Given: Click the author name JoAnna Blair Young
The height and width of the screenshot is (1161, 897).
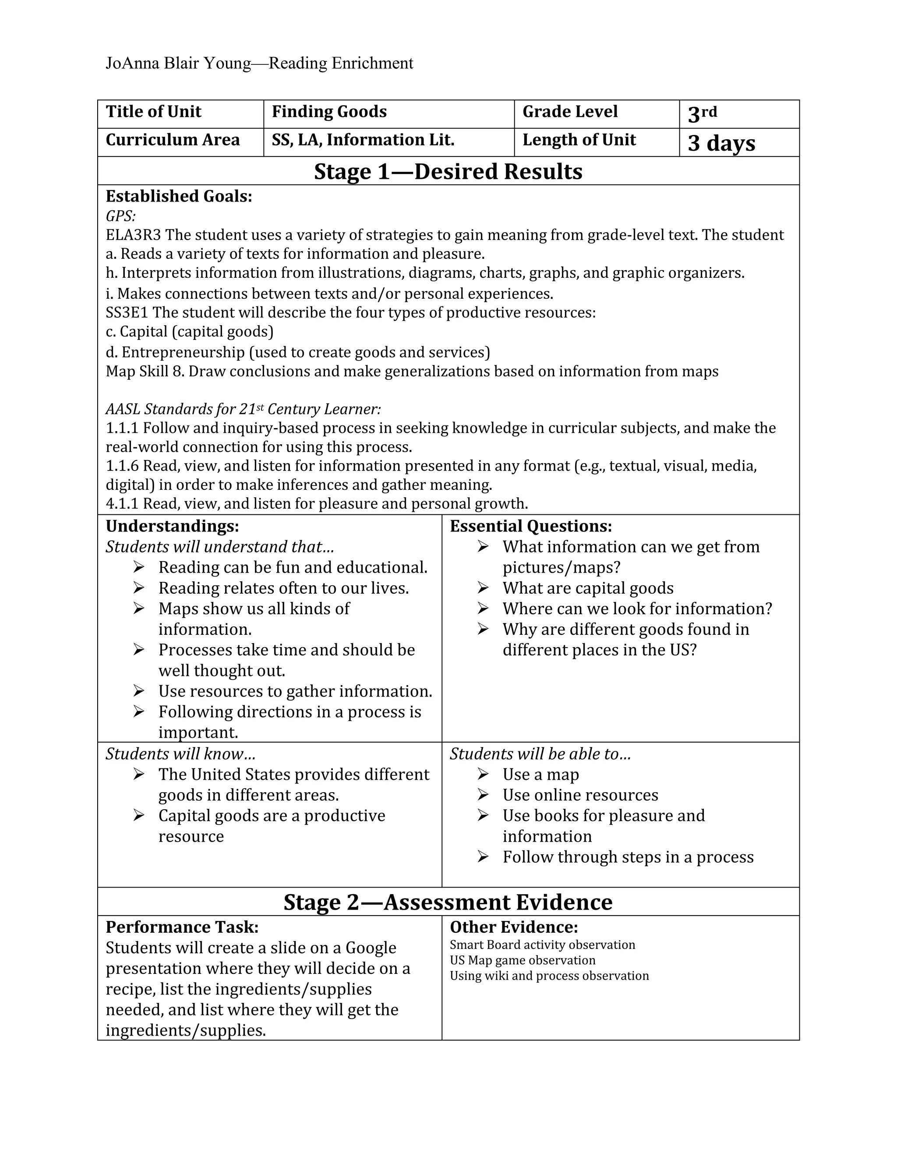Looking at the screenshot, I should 178,63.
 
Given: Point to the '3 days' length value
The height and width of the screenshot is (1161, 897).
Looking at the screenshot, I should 721,143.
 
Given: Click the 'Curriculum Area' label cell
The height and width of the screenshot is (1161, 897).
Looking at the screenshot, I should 173,140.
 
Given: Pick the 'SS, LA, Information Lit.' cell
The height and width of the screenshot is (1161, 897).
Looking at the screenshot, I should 363,140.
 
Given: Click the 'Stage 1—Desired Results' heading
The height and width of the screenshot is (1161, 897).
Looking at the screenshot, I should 448,171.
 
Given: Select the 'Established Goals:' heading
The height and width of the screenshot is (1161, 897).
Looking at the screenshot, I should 179,196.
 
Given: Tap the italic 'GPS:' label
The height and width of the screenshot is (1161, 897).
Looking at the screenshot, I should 120,216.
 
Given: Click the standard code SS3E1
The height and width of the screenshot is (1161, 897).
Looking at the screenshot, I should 127,312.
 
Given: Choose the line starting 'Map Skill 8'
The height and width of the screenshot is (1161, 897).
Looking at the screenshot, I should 411,371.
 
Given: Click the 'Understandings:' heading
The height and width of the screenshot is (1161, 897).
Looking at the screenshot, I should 172,526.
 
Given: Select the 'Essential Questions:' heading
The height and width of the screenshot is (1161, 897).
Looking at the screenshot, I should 531,526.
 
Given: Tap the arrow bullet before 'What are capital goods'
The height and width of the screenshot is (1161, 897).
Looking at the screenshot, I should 483,588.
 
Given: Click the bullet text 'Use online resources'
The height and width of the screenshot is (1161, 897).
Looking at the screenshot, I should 580,795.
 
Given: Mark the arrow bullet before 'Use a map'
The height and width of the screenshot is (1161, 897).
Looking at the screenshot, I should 483,774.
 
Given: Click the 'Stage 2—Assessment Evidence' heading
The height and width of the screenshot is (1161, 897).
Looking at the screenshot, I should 448,902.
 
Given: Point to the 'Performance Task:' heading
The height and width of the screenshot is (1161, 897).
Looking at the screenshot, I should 182,927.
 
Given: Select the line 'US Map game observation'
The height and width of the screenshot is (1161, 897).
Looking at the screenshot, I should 523,960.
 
